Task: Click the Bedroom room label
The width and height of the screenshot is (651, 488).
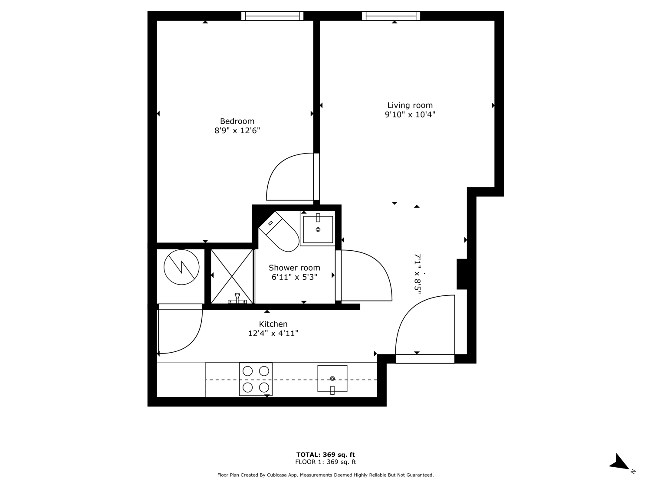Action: click(x=237, y=121)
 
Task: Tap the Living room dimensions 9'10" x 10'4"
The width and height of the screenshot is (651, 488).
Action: click(x=410, y=115)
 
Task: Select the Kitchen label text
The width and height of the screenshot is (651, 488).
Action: click(x=273, y=324)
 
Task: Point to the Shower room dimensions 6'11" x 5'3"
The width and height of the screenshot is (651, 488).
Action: click(x=295, y=277)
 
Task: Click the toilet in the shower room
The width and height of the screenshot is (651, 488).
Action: click(x=279, y=231)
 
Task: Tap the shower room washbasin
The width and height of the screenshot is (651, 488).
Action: click(x=318, y=229)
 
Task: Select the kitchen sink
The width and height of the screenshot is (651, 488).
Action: click(x=332, y=379)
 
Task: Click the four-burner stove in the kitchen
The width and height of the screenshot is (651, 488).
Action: click(x=256, y=379)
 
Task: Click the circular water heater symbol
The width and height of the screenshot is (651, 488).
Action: click(x=181, y=267)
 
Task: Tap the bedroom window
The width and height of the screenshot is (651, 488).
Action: click(x=272, y=16)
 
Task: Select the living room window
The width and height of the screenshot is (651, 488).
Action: click(x=391, y=16)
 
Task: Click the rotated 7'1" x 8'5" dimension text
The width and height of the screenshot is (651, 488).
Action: click(x=418, y=273)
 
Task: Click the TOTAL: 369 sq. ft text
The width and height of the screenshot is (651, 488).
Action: click(x=325, y=455)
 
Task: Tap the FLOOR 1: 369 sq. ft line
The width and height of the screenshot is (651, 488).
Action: click(x=325, y=462)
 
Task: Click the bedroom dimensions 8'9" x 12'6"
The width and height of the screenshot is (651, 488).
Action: click(x=237, y=131)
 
